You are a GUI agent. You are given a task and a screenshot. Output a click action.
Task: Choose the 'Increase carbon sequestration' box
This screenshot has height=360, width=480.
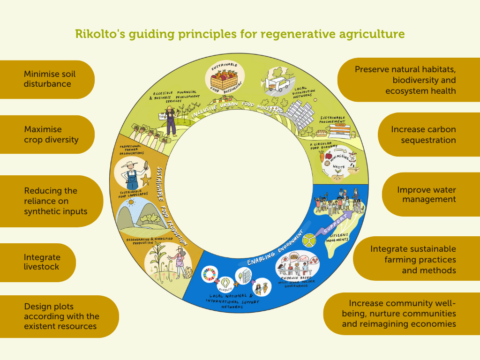427,135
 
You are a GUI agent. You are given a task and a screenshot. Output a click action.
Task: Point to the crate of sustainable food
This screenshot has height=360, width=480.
223,78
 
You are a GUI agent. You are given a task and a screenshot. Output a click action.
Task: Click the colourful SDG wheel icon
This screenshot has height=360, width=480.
209,274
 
